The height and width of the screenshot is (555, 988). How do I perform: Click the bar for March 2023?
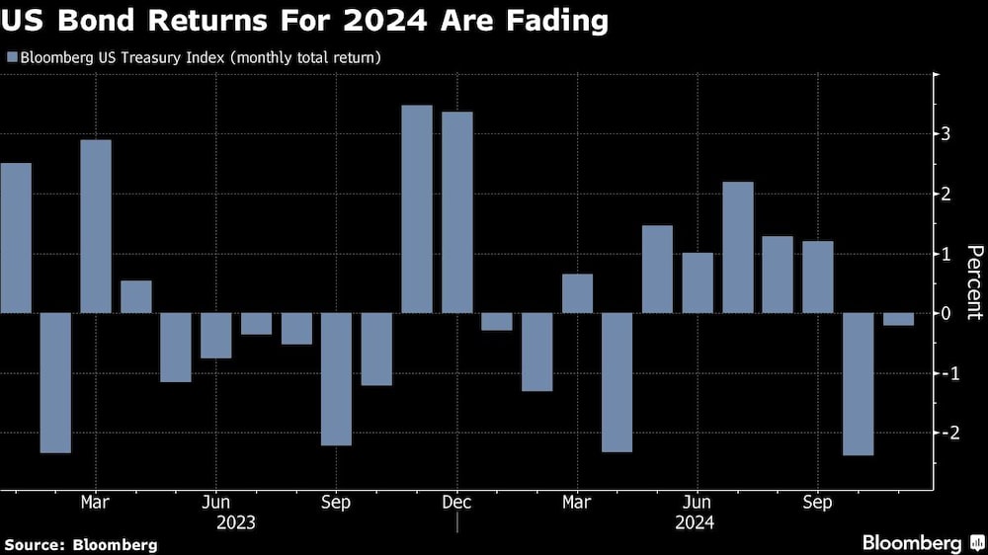coord(96,226)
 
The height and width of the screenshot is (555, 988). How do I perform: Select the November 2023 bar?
coord(417,209)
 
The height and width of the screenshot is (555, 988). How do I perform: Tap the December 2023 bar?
coord(456,212)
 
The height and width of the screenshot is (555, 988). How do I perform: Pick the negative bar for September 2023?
coord(337,379)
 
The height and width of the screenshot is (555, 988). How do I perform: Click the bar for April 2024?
coord(617,382)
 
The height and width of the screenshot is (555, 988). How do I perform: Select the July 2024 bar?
coord(738,247)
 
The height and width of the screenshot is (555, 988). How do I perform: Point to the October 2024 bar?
coord(858,384)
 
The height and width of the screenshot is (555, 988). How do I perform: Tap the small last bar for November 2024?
coord(898,319)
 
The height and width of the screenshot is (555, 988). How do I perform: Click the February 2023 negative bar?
coord(55,382)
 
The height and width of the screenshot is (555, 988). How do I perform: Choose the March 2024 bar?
coord(577,293)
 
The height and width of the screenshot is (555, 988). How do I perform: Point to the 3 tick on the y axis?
coord(947,134)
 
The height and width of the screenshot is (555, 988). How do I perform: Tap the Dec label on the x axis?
coord(456,502)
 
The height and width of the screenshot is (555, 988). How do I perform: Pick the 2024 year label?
coord(697,521)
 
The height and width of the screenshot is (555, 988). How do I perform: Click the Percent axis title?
coord(973,282)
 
